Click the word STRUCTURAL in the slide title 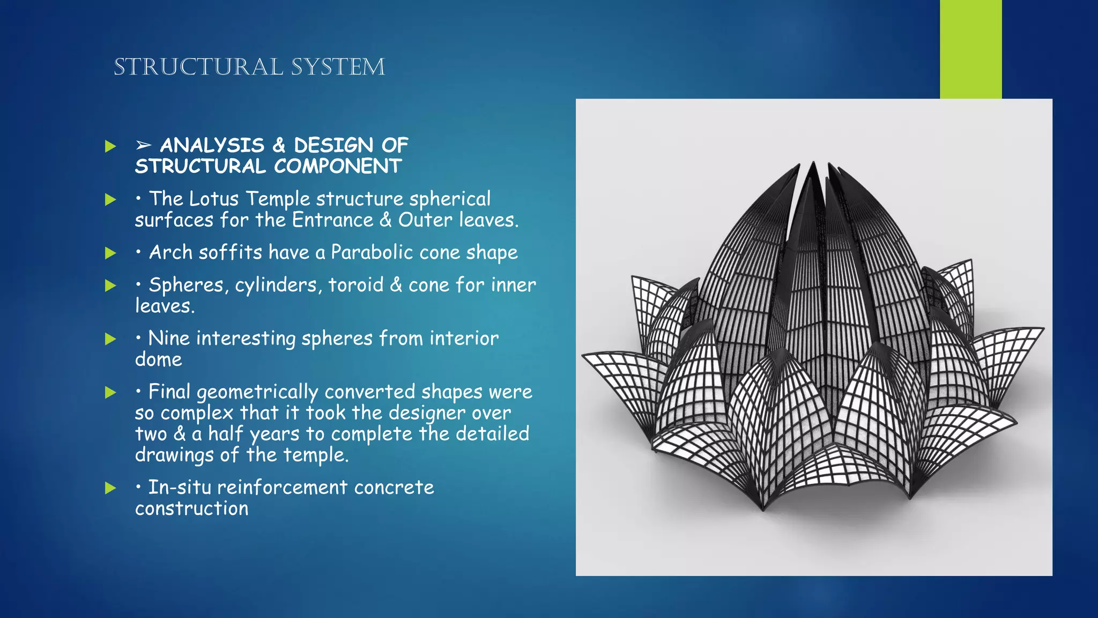[198, 68]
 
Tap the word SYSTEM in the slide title [338, 68]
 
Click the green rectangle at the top [970, 49]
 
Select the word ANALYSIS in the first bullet [212, 145]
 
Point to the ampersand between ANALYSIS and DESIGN [279, 145]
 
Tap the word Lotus [214, 199]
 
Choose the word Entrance [332, 220]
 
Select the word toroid [356, 285]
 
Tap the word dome [159, 359]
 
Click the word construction [191, 509]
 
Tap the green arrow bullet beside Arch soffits [110, 253]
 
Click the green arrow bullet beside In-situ [110, 488]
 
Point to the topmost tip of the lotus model [814, 162]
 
